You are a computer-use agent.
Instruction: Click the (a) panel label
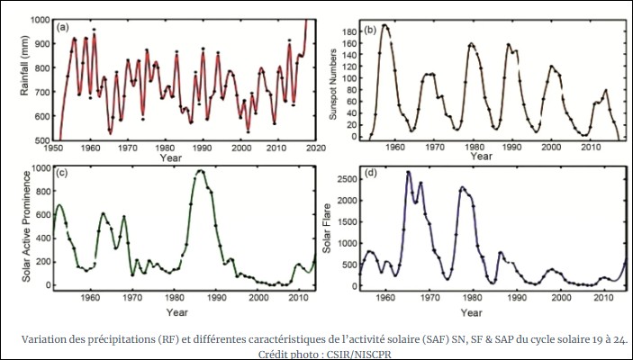(x=63, y=28)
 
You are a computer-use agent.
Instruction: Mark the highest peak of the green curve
(x=200, y=170)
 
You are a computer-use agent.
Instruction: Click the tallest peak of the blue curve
(x=408, y=172)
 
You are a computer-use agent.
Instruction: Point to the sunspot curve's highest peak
(x=385, y=24)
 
